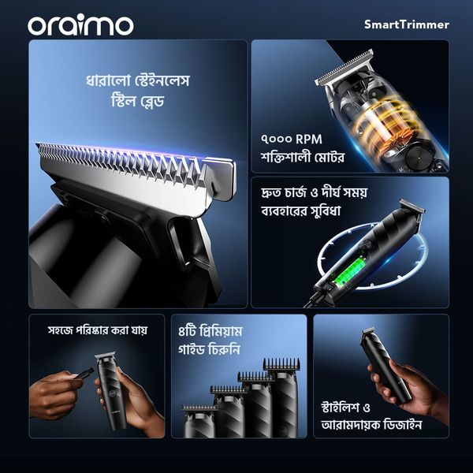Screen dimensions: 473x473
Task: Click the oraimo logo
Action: (x=80, y=26)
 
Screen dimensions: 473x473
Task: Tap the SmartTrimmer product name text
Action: (x=407, y=24)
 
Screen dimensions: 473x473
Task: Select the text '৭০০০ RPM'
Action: (x=292, y=139)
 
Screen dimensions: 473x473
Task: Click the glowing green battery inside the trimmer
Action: (x=347, y=270)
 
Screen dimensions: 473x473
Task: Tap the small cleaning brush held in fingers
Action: (x=82, y=374)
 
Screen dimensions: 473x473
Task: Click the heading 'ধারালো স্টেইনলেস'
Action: (x=137, y=81)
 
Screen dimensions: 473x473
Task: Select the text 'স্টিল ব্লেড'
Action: (x=137, y=101)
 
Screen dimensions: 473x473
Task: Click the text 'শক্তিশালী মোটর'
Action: (x=303, y=158)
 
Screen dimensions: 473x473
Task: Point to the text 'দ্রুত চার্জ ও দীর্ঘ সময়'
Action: (x=315, y=192)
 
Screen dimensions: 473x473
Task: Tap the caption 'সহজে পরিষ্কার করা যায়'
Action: (x=98, y=330)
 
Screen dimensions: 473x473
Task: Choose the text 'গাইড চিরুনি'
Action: (x=209, y=350)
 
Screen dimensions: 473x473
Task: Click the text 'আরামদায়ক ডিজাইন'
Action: (x=371, y=425)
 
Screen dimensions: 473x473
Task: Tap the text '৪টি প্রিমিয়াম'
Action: (x=210, y=332)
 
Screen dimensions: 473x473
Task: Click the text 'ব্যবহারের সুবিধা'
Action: (x=301, y=210)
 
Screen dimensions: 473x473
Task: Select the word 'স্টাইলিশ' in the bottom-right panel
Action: (x=341, y=407)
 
